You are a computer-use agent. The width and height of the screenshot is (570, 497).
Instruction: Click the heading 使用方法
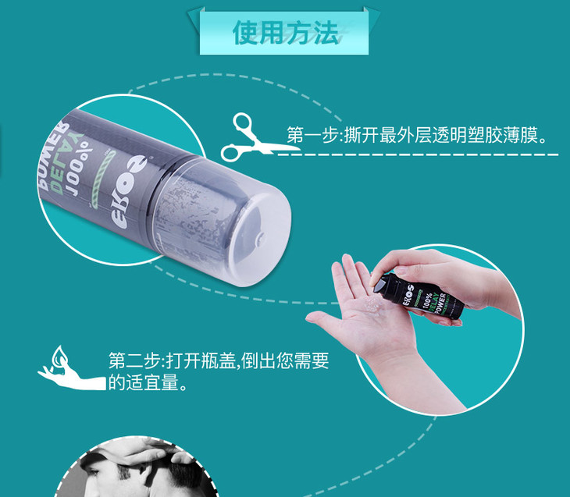click(x=286, y=33)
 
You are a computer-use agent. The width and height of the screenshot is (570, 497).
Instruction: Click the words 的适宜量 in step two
click(x=144, y=382)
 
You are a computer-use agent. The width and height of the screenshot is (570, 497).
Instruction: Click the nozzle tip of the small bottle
click(x=376, y=286)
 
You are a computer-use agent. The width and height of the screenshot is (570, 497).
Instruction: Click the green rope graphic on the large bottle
click(x=102, y=179)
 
